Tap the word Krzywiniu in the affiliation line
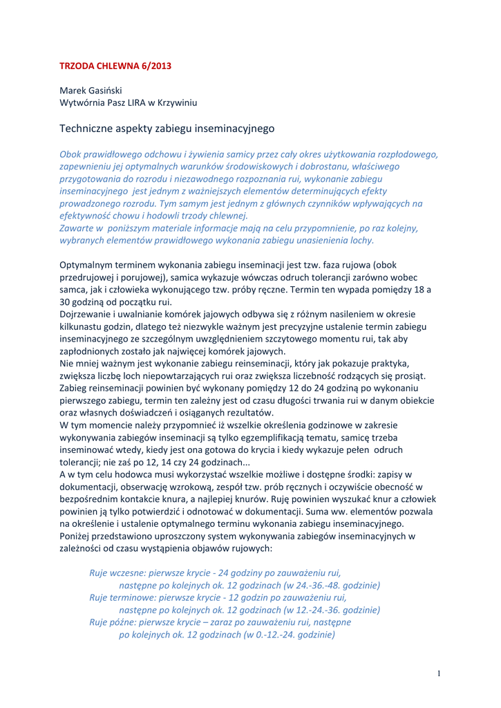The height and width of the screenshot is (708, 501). [x=178, y=103]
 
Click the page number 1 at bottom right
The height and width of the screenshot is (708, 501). [x=439, y=673]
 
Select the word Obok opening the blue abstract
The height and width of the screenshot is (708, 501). [x=70, y=154]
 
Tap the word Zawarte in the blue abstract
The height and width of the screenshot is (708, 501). [x=77, y=227]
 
